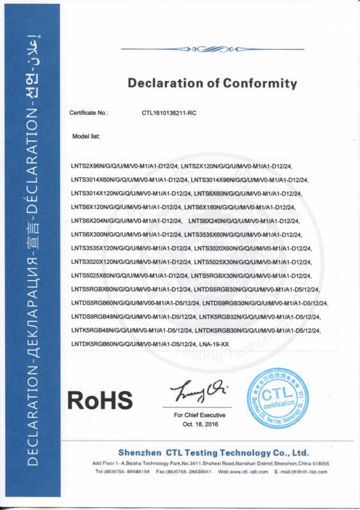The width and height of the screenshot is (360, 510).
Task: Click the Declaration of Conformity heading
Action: (213, 83)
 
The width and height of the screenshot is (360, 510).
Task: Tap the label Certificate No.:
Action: (89, 112)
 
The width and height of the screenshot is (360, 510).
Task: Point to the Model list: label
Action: (86, 136)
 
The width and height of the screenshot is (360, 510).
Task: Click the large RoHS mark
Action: (100, 400)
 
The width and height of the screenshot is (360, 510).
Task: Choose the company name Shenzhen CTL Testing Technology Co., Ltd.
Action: (213, 452)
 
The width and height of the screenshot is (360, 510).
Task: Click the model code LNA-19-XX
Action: (214, 344)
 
